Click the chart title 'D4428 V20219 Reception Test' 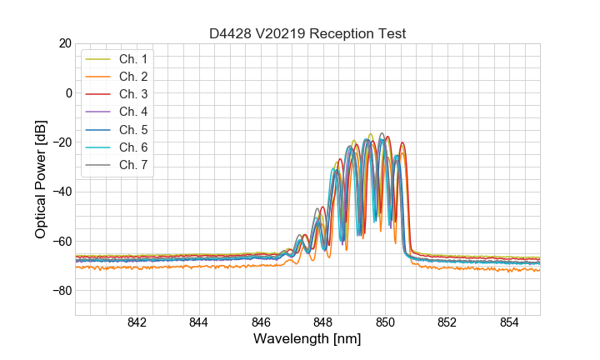[307, 33]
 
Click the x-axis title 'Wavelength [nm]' [307, 340]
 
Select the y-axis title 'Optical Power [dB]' [40, 179]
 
